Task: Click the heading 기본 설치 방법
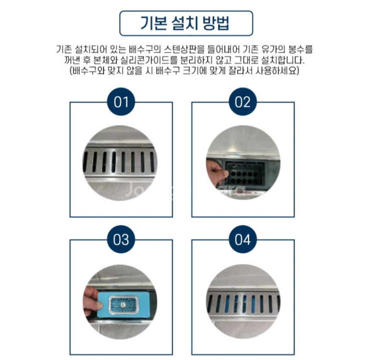pyautogui.click(x=186, y=23)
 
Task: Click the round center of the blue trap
pyautogui.click(x=123, y=304)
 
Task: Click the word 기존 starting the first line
pyautogui.click(x=64, y=49)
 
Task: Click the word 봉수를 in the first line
pyautogui.click(x=302, y=49)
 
